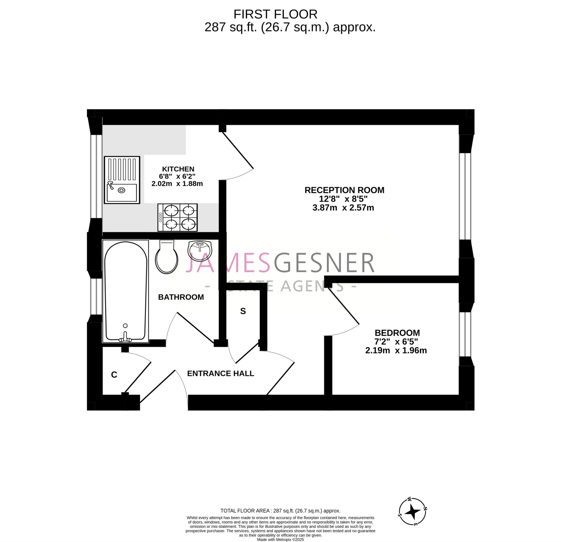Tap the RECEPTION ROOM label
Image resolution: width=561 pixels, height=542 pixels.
point(344,190)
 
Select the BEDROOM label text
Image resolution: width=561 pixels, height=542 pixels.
point(397,333)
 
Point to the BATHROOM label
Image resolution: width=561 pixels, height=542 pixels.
point(181,297)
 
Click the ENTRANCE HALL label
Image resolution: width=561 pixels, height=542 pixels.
point(221,373)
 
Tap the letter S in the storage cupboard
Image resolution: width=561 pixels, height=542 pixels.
point(243,311)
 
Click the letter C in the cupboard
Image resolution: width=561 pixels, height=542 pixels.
point(114,375)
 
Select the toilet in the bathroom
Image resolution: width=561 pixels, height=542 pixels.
point(167,257)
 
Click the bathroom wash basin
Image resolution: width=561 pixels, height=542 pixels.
point(200,251)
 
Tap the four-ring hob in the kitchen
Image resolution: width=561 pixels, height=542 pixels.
point(178,217)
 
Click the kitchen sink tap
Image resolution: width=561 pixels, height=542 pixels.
point(110,185)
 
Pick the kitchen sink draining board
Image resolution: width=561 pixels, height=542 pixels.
point(122,170)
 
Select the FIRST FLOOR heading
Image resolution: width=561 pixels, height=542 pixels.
point(275,14)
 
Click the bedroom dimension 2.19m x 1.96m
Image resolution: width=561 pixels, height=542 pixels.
point(396,350)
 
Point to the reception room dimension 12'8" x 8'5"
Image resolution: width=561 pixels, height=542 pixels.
point(343,199)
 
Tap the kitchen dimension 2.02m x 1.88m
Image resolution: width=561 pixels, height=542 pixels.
point(177,183)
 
